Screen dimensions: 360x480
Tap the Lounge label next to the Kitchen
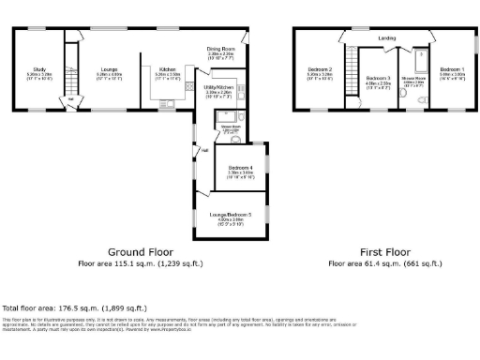click(x=109, y=68)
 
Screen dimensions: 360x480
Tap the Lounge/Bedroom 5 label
click(x=237, y=215)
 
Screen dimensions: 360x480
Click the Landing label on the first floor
click(x=386, y=37)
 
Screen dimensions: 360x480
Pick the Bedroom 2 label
click(x=321, y=69)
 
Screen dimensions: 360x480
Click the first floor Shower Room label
click(x=413, y=79)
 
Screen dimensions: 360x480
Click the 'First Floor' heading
click(x=384, y=252)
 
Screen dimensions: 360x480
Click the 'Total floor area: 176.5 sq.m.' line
click(x=74, y=307)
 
